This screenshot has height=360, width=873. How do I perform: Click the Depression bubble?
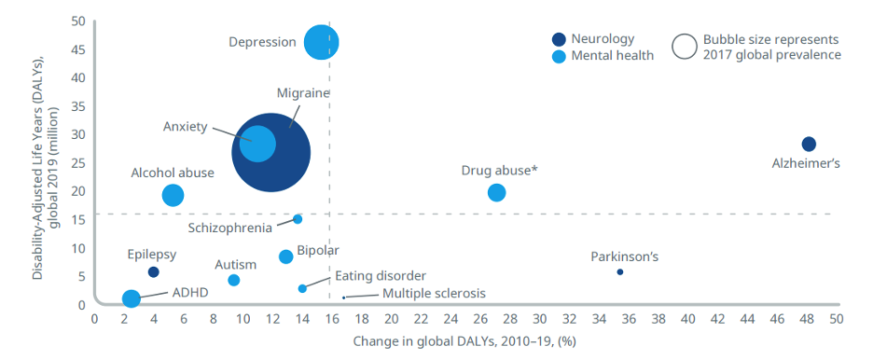tap(321, 42)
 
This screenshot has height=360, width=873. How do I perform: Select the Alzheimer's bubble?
tap(809, 145)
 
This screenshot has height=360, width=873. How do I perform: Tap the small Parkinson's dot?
tap(619, 272)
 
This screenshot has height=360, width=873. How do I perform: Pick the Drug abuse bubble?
tap(496, 192)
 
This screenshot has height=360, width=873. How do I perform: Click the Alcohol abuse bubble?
tap(173, 195)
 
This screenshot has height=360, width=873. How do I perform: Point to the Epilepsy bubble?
tap(153, 272)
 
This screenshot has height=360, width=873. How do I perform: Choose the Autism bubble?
tap(234, 280)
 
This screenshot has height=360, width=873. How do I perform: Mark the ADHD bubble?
tap(131, 298)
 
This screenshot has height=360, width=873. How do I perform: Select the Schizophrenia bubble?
tap(298, 219)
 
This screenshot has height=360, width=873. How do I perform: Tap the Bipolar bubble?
tap(285, 256)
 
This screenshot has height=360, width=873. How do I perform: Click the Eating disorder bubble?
tap(302, 288)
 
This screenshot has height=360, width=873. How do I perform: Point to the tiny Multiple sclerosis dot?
tap(343, 298)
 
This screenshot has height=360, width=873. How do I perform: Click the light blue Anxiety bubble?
tap(257, 144)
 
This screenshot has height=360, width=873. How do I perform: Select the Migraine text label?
tap(303, 92)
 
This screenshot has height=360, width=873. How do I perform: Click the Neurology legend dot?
tap(559, 39)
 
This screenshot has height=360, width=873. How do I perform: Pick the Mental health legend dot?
tap(559, 56)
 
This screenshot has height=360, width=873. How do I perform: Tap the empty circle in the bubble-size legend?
tap(685, 47)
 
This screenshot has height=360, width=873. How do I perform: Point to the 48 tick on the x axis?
tap(807, 319)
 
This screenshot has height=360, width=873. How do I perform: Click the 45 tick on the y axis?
tap(78, 49)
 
